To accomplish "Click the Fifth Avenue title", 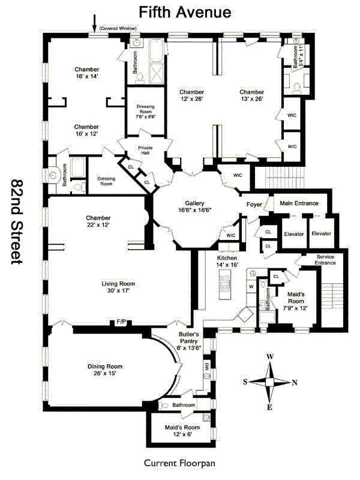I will tap(184, 11).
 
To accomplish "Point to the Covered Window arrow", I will tap(94, 23).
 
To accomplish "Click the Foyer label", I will tap(254, 204).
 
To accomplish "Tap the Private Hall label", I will tap(146, 150).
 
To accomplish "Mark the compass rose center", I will tap(270, 382).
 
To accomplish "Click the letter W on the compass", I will tap(270, 357).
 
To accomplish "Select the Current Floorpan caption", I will tap(179, 463).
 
